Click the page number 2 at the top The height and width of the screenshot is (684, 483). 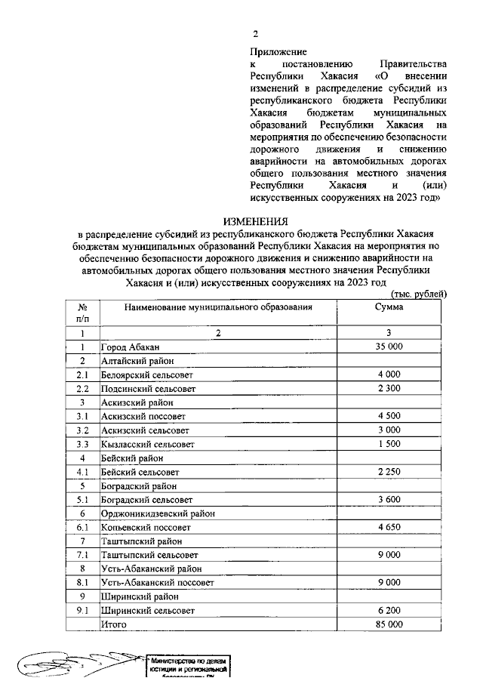pos(255,35)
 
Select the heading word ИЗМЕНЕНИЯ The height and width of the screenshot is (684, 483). pos(255,221)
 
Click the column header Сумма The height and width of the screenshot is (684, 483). pos(389,307)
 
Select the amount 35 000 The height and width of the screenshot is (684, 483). pos(389,347)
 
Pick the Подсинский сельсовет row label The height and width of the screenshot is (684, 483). pos(147,388)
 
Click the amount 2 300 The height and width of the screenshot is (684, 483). pos(389,388)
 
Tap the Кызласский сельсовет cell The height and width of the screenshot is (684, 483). pos(147,444)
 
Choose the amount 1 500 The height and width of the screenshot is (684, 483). pos(389,444)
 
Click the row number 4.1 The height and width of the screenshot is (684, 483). pos(83,472)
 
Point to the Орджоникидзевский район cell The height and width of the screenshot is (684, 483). pos(158,513)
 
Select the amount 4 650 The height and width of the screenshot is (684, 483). pos(389,528)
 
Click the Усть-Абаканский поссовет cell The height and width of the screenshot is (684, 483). pos(158,583)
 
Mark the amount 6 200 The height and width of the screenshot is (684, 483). pos(389,611)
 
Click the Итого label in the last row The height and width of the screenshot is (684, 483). pos(115,624)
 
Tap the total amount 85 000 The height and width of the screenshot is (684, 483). pos(389,624)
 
